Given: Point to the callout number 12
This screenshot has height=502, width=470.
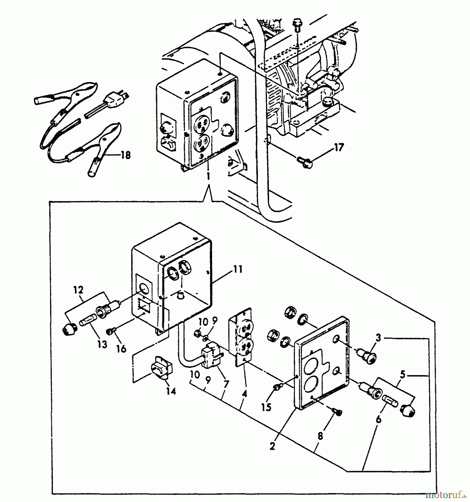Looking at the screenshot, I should point(79,290).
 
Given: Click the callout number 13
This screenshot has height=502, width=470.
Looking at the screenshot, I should point(102,344).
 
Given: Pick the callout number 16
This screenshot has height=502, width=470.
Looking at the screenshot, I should point(121,349).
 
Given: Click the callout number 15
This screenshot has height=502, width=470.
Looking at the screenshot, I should point(266,407).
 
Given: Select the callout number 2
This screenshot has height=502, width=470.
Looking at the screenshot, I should point(272,446).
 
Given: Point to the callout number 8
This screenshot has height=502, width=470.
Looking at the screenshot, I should point(320,436).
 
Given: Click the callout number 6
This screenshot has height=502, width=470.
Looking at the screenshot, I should point(378,419).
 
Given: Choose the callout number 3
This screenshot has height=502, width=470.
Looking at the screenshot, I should point(378,338).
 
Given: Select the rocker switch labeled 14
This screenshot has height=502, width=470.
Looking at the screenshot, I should point(162,368).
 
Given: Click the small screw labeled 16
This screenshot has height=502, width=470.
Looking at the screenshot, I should point(109,331).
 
